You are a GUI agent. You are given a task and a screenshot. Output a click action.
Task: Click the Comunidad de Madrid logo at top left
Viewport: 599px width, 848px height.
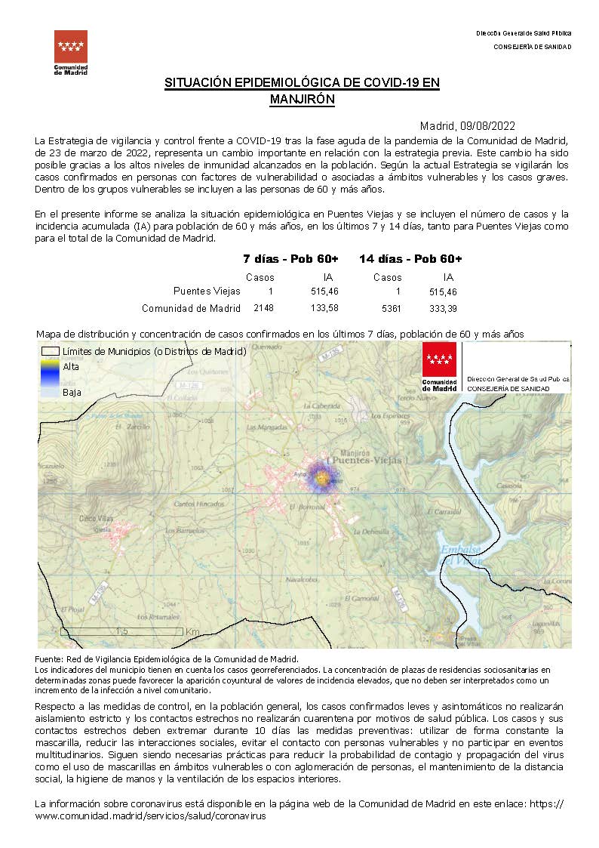tap(70, 51)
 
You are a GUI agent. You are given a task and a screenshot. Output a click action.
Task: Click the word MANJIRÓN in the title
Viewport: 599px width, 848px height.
tap(302, 99)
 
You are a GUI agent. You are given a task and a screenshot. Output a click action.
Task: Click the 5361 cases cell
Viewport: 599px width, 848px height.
tap(392, 308)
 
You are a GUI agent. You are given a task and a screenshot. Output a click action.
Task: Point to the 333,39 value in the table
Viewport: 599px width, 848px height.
tap(442, 308)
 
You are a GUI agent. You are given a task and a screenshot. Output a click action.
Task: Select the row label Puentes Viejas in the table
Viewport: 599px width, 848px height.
tap(207, 291)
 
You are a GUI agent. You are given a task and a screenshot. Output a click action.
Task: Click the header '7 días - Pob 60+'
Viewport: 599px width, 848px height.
tap(290, 259)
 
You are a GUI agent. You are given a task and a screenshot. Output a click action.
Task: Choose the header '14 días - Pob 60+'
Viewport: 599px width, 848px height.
tap(410, 259)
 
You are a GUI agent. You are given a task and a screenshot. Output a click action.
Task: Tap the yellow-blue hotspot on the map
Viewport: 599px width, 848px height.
tap(323, 479)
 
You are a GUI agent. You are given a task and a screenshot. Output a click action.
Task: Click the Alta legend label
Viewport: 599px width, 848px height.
tap(71, 366)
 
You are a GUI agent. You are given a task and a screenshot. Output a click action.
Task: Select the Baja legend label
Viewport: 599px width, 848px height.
tap(72, 393)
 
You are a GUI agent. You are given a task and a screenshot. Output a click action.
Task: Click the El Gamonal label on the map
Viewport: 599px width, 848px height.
tap(364, 598)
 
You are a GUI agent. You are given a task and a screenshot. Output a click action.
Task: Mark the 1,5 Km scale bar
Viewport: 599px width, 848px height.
tap(121, 631)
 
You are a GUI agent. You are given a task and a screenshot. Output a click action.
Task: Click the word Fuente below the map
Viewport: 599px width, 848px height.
tap(49, 660)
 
